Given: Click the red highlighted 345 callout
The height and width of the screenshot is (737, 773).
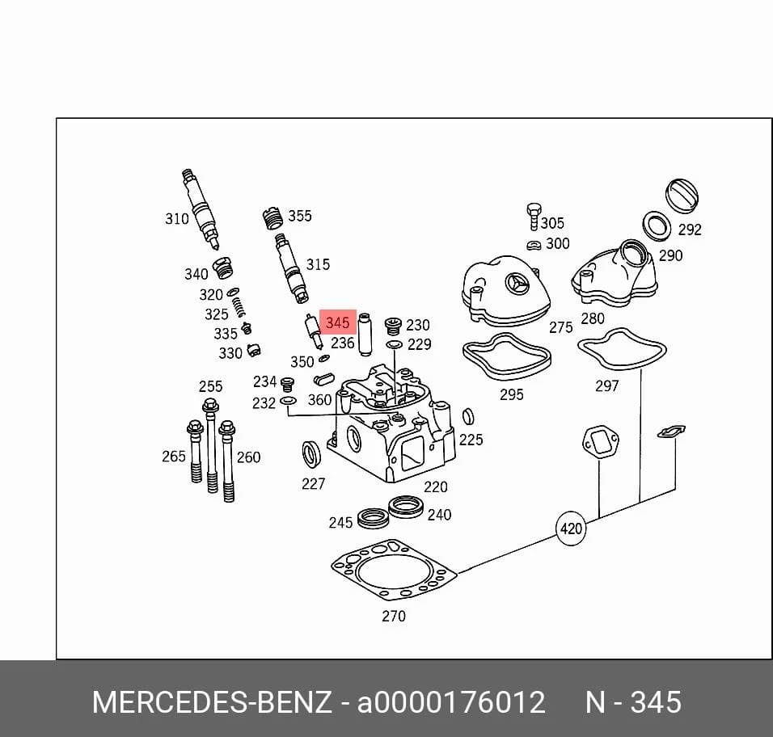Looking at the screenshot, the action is (338, 322).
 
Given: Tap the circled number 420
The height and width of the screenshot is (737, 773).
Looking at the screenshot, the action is (571, 529).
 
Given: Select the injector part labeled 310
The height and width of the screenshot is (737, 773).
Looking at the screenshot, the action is (201, 209).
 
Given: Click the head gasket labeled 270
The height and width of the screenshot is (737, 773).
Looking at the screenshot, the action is (394, 570).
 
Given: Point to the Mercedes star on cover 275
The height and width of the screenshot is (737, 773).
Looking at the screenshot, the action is (517, 284).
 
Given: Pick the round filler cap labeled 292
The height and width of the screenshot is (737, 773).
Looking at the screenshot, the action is (682, 195).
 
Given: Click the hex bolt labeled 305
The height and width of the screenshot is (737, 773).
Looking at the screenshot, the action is (534, 217).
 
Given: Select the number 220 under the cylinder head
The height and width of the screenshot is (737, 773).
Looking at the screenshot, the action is (436, 486).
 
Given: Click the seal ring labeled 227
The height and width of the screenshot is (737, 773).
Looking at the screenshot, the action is (311, 455).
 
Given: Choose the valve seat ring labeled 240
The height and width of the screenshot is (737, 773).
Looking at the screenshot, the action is (406, 507).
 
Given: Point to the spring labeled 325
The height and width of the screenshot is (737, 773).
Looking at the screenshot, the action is (239, 307).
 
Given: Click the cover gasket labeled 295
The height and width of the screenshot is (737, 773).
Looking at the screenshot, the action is (507, 357).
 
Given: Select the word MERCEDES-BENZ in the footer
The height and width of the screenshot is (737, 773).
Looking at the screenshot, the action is (212, 701).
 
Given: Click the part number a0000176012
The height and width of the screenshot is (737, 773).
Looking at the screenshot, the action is (451, 701).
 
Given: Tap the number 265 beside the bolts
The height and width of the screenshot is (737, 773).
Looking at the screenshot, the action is (174, 457).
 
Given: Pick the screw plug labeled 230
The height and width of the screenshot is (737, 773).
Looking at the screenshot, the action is (393, 326).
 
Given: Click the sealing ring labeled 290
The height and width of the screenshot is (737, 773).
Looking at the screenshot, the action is (657, 226).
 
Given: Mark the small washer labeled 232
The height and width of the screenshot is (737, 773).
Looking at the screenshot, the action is (288, 401).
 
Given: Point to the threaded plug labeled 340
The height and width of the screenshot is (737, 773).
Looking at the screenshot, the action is (222, 268).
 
